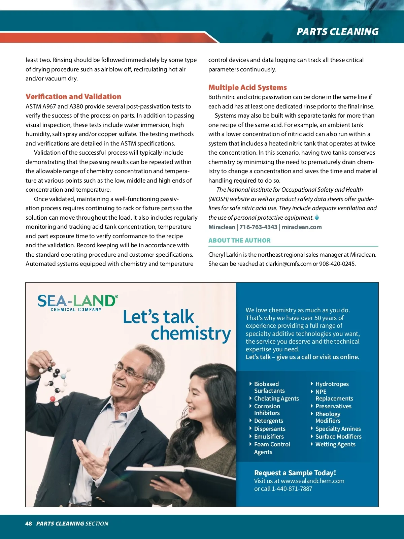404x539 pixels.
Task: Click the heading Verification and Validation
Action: (x=73, y=97)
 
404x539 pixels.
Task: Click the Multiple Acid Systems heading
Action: (x=247, y=88)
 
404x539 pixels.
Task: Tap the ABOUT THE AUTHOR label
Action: (x=239, y=241)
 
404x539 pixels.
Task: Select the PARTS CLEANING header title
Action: (x=337, y=32)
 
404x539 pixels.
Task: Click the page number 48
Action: (x=29, y=524)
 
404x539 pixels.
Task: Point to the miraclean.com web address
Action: (x=302, y=227)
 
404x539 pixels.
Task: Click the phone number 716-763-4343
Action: (x=258, y=227)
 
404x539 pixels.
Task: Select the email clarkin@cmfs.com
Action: (x=288, y=264)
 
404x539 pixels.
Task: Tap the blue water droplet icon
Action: (x=317, y=217)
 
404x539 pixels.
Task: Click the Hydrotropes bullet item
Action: (x=332, y=384)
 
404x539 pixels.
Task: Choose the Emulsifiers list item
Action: (x=269, y=437)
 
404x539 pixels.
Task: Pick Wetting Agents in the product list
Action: (x=335, y=444)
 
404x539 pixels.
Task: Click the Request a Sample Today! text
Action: (x=295, y=473)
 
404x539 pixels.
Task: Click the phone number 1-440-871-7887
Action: (x=292, y=489)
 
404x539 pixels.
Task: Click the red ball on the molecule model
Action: (x=53, y=399)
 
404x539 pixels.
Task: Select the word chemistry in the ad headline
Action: (x=191, y=334)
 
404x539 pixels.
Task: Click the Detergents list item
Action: (x=268, y=421)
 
